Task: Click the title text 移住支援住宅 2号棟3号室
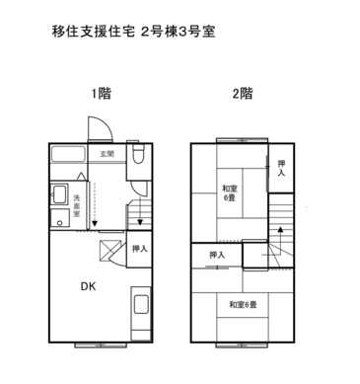click(x=133, y=31)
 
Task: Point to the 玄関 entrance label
click(x=107, y=155)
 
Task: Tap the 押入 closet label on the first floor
click(x=139, y=249)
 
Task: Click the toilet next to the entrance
click(x=139, y=155)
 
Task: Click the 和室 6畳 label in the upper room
click(x=229, y=193)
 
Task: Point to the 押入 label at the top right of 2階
click(x=281, y=168)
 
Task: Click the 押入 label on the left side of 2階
click(x=216, y=255)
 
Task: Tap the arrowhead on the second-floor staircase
click(x=280, y=229)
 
